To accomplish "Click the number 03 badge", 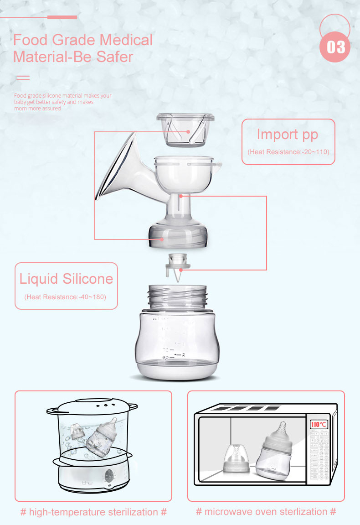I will [x=335, y=47].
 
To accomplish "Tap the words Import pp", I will [x=288, y=135].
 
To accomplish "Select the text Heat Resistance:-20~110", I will [x=288, y=151].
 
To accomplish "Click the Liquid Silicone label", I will [x=66, y=278].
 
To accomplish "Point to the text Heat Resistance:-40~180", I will [x=66, y=297].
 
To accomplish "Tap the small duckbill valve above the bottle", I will [x=178, y=264].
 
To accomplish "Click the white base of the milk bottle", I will [x=178, y=367].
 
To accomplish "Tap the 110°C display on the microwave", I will [x=319, y=425].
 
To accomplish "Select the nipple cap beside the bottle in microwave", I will [x=236, y=460].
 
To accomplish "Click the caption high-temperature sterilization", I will [x=93, y=512].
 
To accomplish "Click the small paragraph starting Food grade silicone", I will [x=62, y=102].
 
